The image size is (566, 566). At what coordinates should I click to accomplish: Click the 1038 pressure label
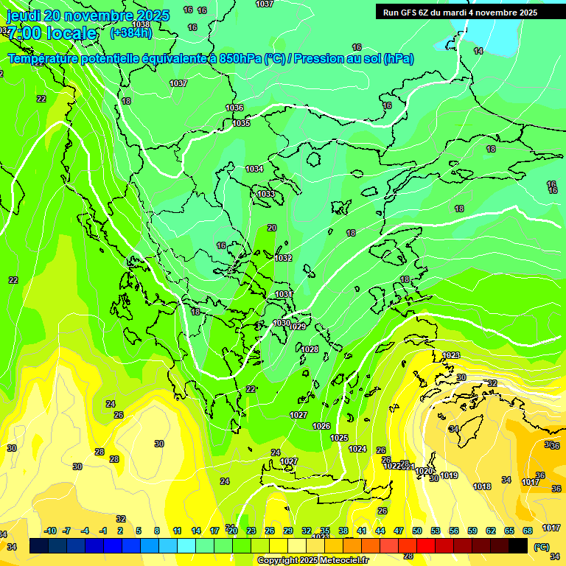point(141,24)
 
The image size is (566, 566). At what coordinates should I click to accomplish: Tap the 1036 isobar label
point(234,108)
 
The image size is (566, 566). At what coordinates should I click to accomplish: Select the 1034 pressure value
point(254,169)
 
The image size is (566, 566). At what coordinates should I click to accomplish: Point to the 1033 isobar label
point(266,194)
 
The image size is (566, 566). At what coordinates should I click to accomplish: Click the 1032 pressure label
point(283,258)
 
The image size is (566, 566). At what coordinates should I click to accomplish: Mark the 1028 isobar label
point(310,349)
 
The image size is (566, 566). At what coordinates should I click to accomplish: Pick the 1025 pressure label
point(339,438)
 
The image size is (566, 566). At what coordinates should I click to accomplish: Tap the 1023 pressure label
point(451,355)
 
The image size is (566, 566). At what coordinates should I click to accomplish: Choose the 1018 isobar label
point(482,486)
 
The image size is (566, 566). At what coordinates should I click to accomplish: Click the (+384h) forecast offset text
point(131,32)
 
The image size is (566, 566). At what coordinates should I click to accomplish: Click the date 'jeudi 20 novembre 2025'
point(88,15)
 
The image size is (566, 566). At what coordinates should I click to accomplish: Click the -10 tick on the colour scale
point(51,531)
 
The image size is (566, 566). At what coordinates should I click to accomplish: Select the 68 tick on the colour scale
point(528,531)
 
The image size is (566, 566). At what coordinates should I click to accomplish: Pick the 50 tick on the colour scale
point(417,531)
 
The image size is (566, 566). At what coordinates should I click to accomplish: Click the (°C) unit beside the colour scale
point(541,547)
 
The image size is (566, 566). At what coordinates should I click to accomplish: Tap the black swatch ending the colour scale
point(518,545)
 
